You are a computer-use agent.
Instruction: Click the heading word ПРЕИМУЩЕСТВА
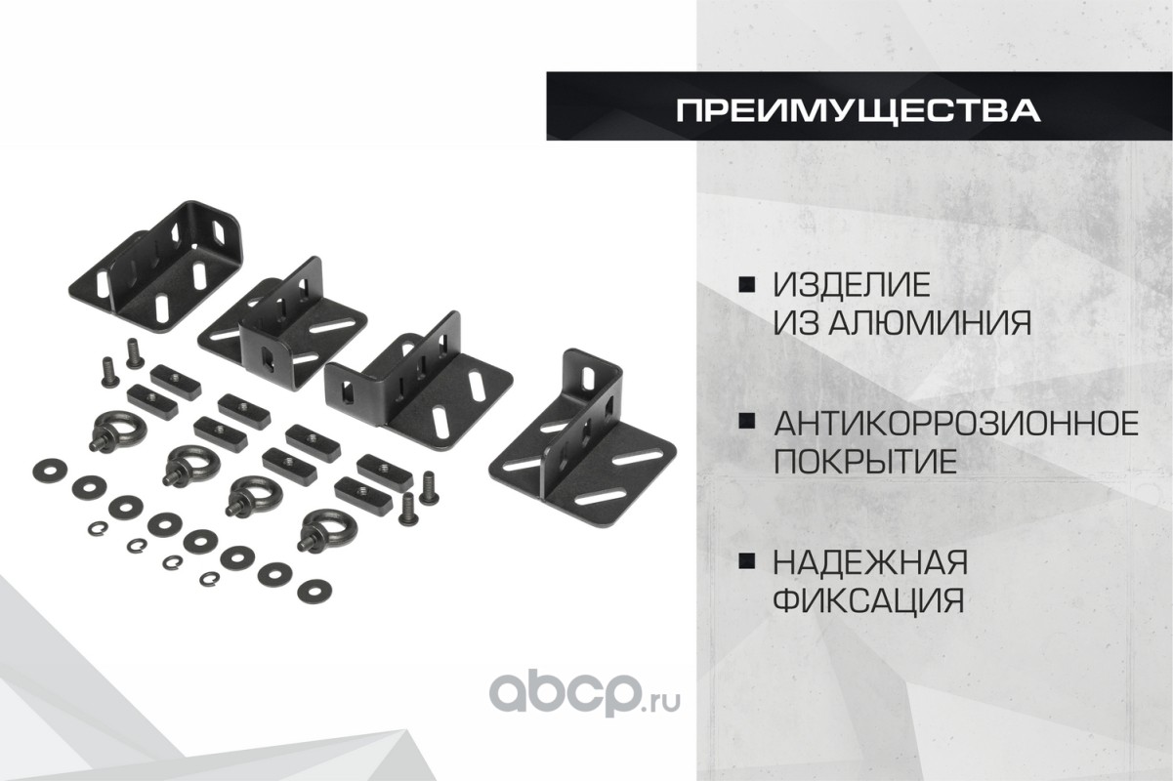859,110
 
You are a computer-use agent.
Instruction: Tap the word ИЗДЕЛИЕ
852,285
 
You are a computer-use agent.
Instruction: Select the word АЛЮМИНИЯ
931,322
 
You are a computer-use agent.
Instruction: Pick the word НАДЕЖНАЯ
871,562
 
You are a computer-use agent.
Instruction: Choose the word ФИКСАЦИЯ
868,599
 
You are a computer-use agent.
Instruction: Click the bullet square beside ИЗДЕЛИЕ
747,285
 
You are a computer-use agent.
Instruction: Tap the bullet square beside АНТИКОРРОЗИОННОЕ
747,423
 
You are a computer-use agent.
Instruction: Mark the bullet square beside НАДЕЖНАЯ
747,561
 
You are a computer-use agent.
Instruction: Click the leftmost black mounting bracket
157,267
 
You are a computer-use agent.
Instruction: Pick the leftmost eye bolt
117,431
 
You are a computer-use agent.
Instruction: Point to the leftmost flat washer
50,471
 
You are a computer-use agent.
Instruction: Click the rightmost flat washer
314,591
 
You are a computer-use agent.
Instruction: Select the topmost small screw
135,352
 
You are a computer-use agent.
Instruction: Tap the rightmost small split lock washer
209,578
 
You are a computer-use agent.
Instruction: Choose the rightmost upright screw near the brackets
429,487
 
